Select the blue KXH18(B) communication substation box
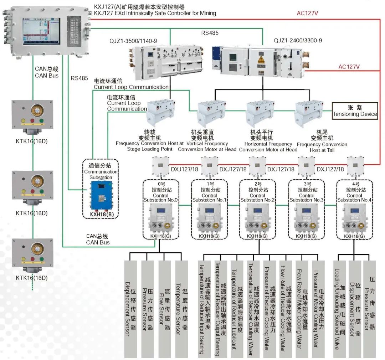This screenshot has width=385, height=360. click(98, 196)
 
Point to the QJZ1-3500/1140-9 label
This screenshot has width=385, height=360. click(133, 41)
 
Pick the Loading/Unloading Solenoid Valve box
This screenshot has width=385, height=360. click(339, 309)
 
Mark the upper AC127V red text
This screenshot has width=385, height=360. click(307, 14)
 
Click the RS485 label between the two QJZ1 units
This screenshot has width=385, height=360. click(210, 33)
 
